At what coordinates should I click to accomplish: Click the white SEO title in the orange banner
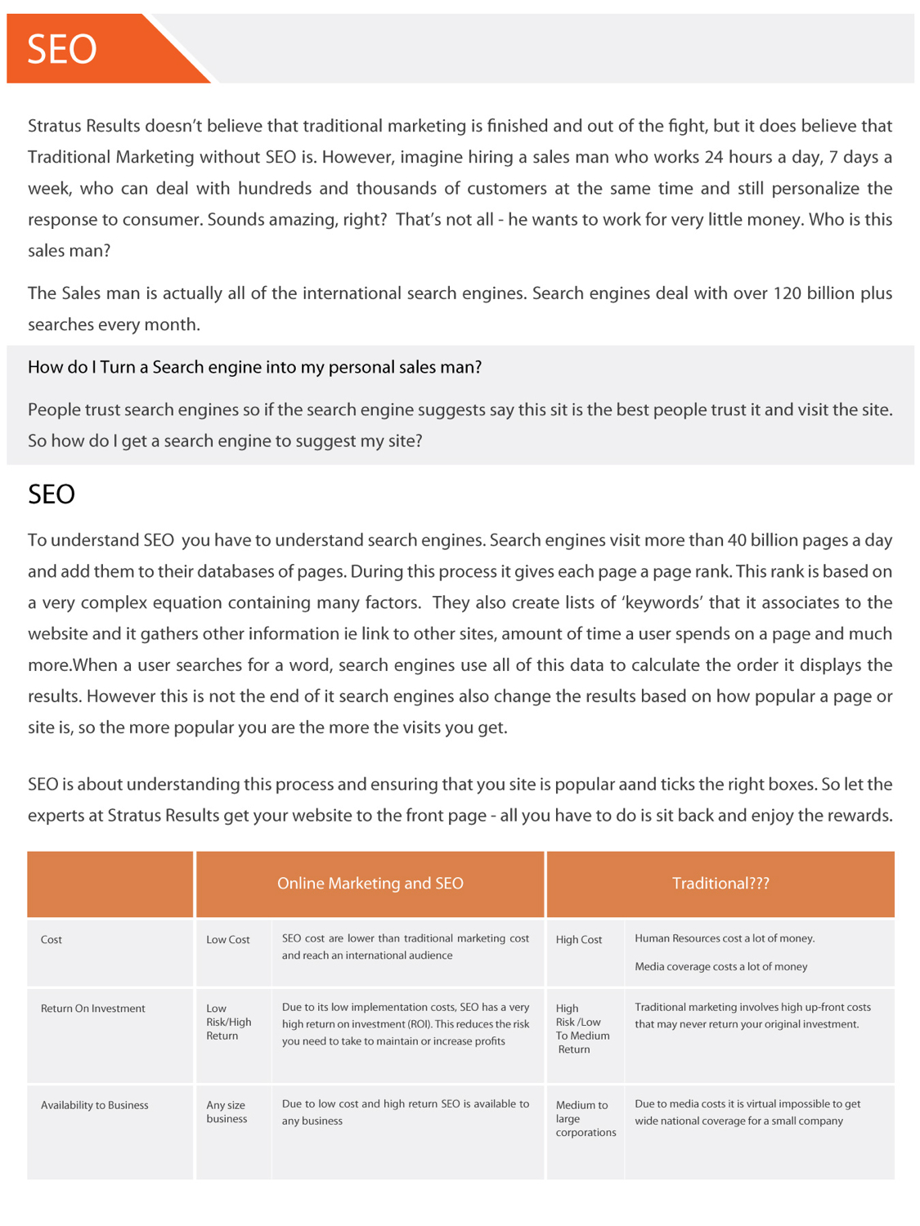click(x=62, y=49)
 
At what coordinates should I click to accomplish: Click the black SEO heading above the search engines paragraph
click(x=52, y=494)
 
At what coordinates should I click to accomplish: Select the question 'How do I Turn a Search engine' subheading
click(x=254, y=368)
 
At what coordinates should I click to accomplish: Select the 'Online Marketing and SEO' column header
click(x=370, y=884)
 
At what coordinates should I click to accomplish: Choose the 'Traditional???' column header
click(x=720, y=884)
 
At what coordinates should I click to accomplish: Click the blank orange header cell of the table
click(x=110, y=884)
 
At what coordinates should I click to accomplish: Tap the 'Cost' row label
click(x=52, y=940)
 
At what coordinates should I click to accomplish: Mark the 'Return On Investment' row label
click(x=93, y=1009)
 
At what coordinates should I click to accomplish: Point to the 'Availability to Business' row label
click(x=95, y=1105)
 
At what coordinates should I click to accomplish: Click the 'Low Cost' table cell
click(x=228, y=940)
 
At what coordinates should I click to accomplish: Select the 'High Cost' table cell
click(x=579, y=940)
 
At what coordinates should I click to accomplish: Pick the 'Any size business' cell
click(x=227, y=1112)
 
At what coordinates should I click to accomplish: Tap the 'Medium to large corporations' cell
click(x=586, y=1118)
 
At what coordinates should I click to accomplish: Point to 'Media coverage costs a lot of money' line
click(x=720, y=967)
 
